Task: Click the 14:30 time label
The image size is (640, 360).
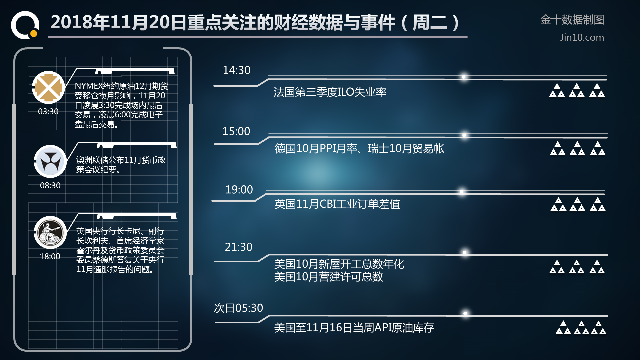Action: click(236, 70)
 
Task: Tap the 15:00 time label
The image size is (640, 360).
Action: click(236, 131)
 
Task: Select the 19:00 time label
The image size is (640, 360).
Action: click(239, 190)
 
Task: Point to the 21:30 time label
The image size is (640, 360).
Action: click(238, 247)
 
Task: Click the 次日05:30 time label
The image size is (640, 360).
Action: click(238, 308)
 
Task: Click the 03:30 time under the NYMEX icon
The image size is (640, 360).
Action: click(48, 111)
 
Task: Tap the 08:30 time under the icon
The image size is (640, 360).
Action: click(50, 185)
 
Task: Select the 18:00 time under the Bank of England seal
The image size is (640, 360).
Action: click(50, 256)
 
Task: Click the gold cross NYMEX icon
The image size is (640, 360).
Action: click(48, 87)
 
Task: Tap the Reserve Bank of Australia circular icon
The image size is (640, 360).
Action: click(50, 161)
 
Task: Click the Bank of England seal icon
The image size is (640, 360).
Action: click(50, 232)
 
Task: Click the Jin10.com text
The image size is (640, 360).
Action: click(582, 37)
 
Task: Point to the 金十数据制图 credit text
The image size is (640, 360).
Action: click(572, 20)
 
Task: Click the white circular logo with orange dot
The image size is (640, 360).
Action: click(25, 25)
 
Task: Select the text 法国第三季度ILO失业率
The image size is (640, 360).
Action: click(330, 92)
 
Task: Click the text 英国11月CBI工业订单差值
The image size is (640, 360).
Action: click(337, 204)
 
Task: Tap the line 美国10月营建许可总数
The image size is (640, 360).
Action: click(329, 277)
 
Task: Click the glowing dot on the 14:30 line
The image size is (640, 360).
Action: click(463, 77)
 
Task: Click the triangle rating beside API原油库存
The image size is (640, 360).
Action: click(581, 328)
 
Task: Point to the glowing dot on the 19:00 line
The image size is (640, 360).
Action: click(462, 192)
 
